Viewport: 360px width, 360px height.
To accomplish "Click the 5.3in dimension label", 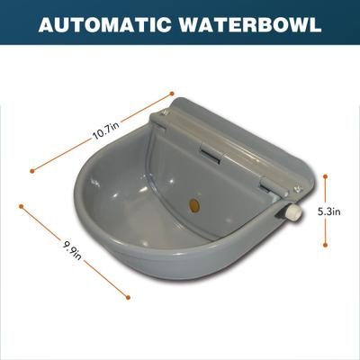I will coord(329,212).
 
